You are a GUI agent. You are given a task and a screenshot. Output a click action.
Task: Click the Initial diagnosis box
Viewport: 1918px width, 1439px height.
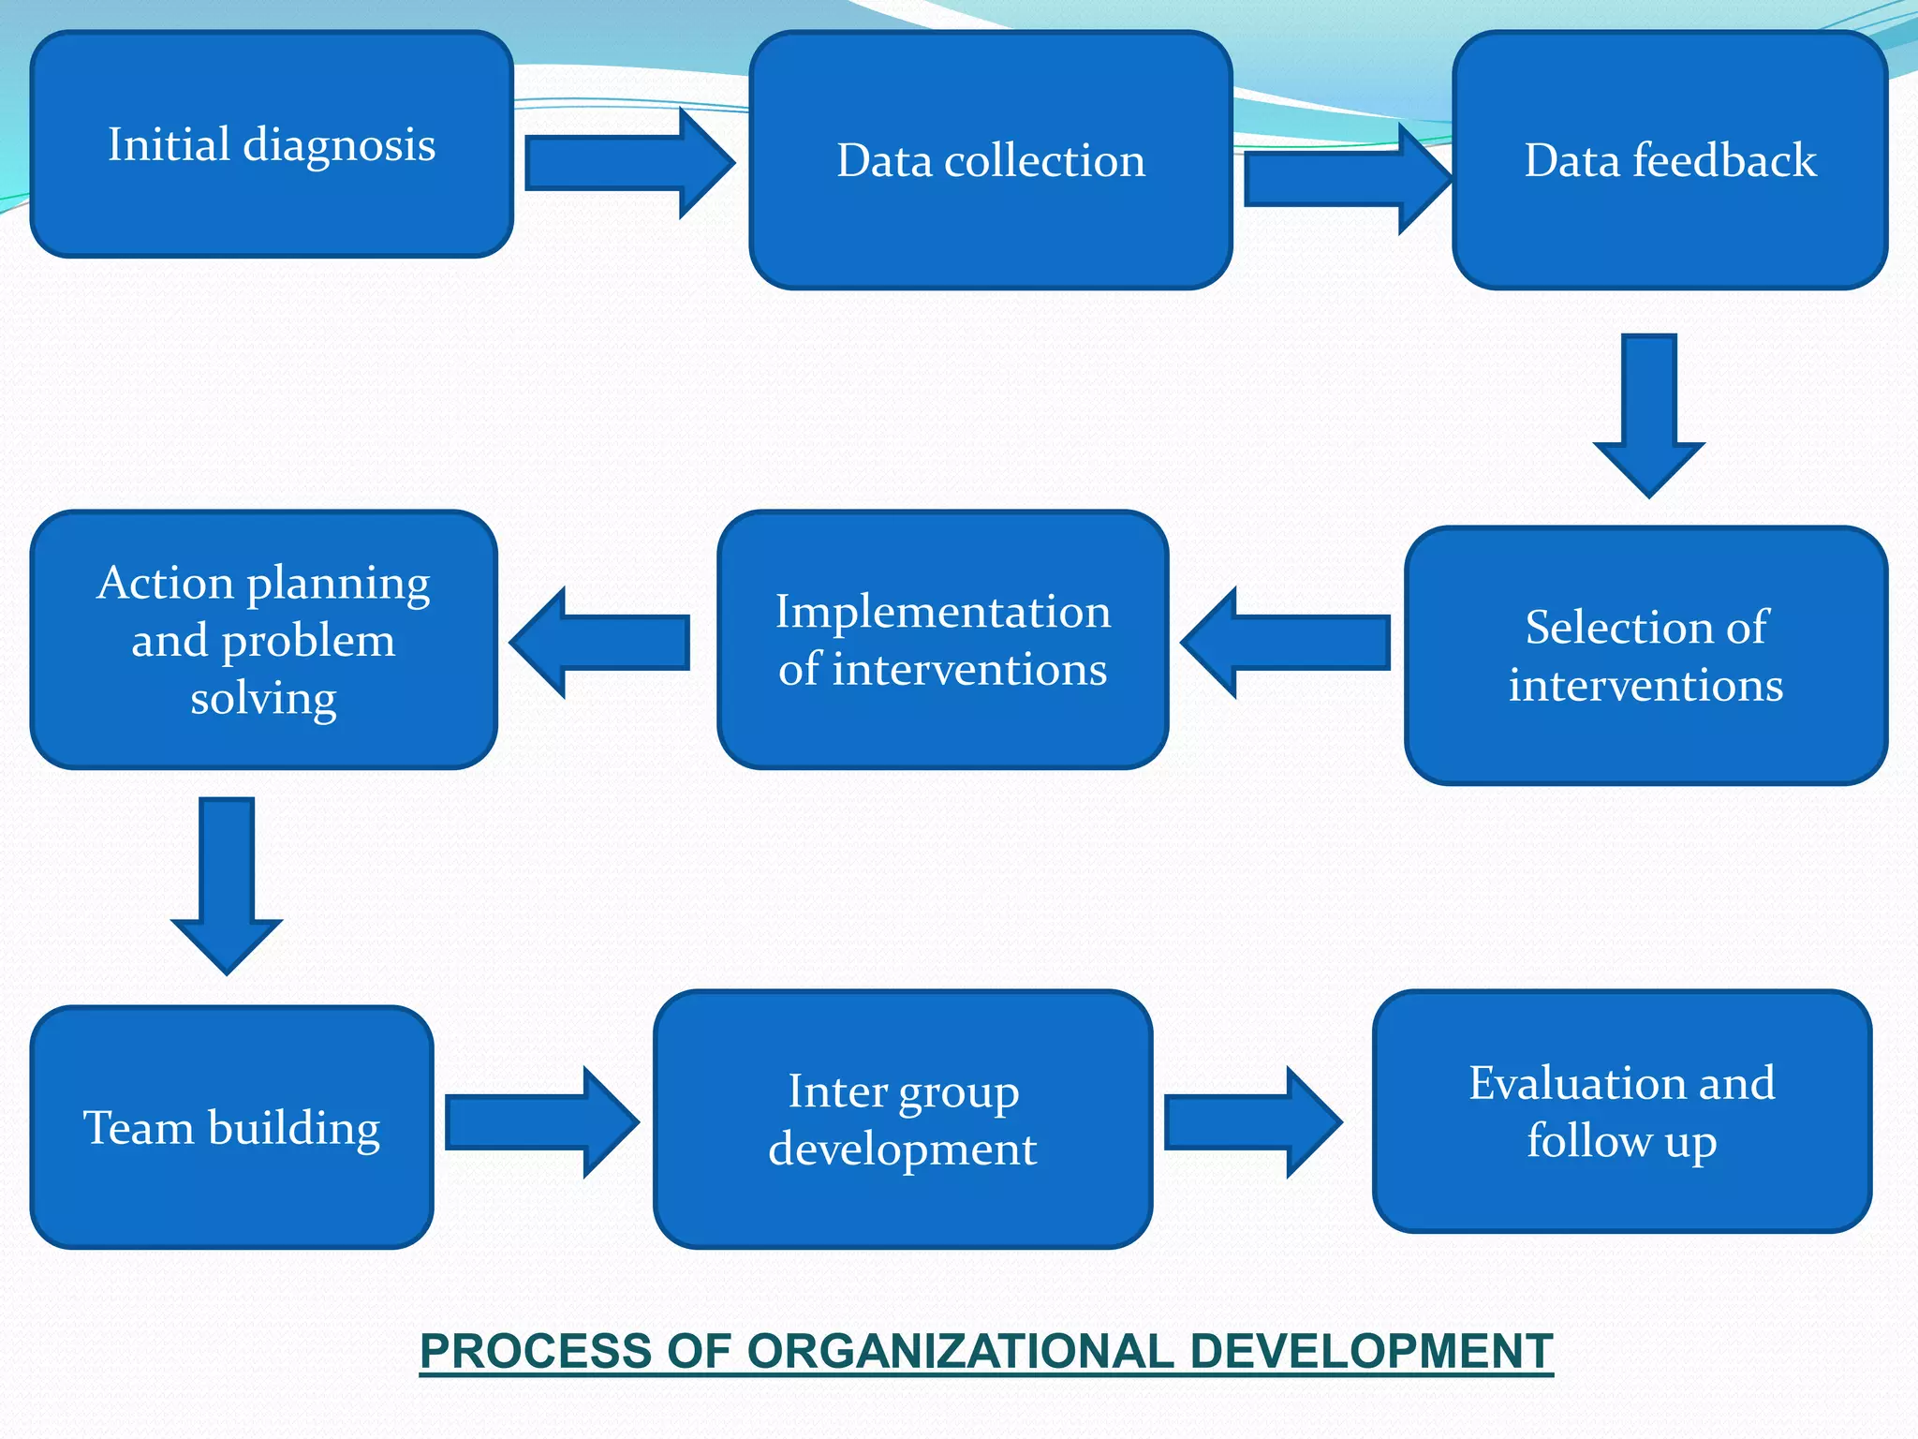[272, 145]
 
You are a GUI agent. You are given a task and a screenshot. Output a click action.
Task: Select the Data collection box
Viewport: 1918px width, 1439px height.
[990, 161]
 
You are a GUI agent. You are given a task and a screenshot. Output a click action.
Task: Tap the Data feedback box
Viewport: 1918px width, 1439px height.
[1670, 161]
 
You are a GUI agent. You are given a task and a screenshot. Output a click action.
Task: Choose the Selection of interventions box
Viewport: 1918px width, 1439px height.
[1645, 656]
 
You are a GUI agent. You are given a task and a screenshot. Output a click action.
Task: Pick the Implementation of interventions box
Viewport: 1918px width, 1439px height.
[942, 641]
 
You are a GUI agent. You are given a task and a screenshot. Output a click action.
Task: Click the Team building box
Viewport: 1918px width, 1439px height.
[231, 1127]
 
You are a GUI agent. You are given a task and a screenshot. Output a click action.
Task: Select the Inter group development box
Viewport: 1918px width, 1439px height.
[902, 1120]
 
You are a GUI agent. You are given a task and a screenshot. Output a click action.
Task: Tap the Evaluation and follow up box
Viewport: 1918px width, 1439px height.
[1621, 1112]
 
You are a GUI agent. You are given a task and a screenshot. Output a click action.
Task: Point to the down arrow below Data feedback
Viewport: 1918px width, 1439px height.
[1648, 412]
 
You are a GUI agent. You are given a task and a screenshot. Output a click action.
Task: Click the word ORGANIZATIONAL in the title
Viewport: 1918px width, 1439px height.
[959, 1351]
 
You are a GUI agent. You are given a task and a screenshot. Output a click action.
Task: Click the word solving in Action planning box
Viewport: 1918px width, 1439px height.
[263, 699]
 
